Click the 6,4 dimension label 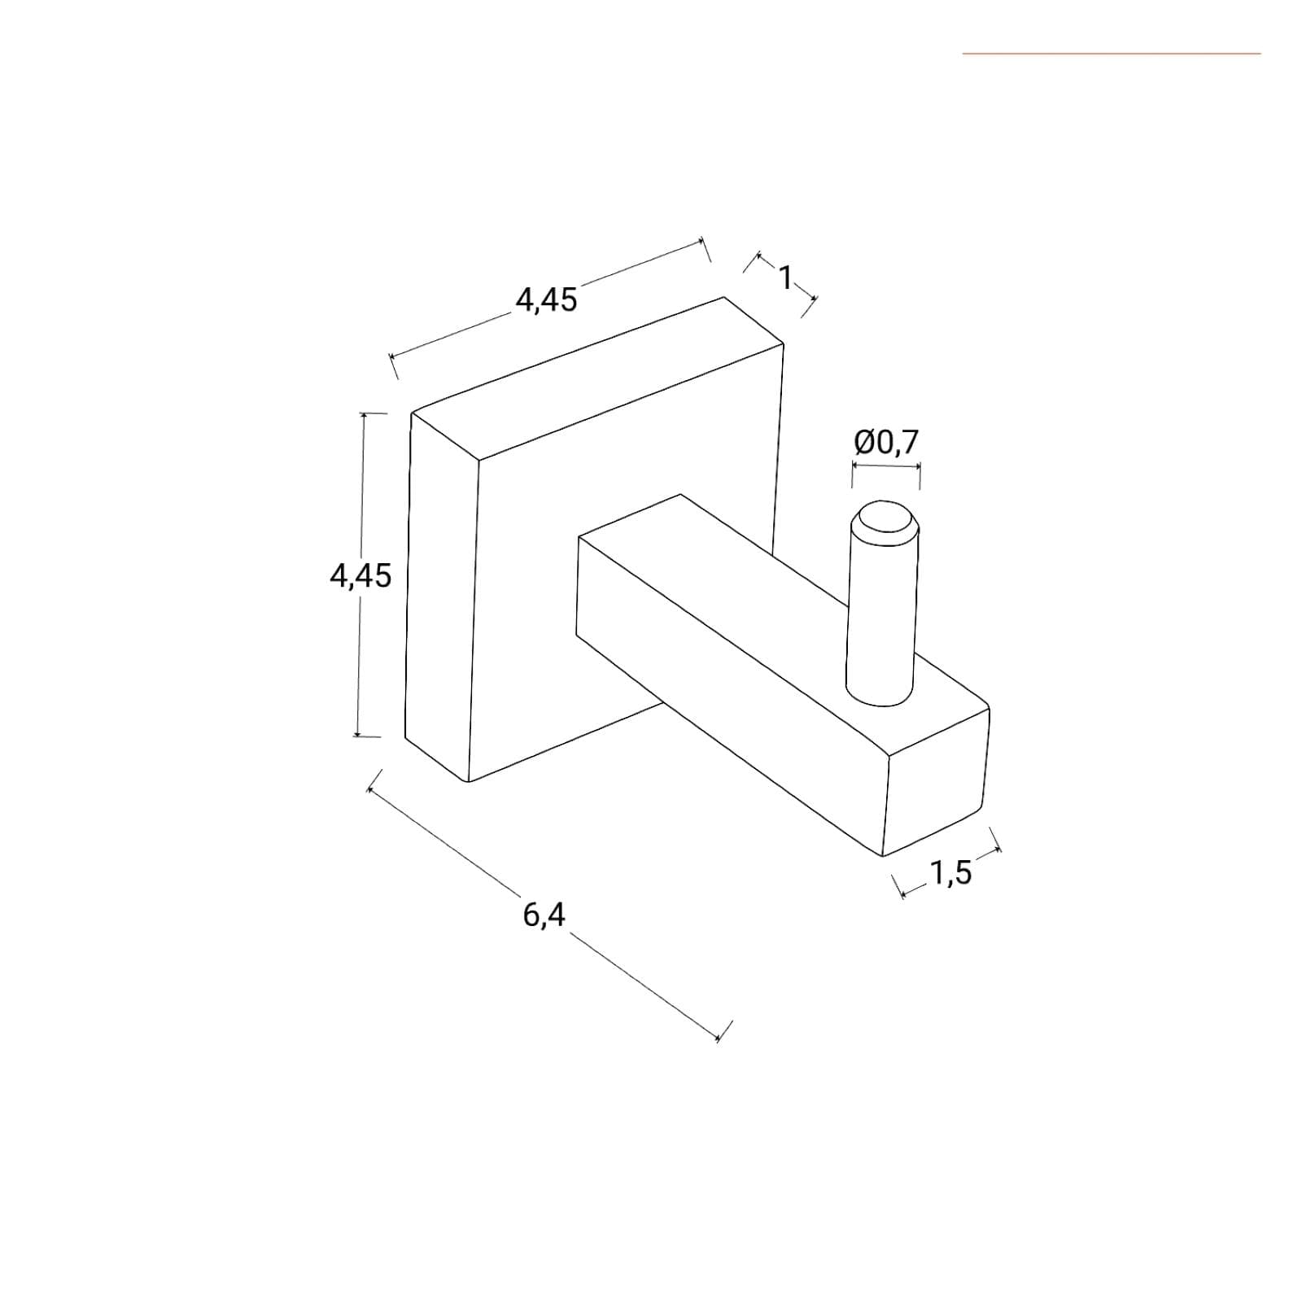[x=544, y=915]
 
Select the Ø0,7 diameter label [x=886, y=443]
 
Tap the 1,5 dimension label [x=950, y=873]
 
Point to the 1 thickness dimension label [x=785, y=278]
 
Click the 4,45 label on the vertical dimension [x=360, y=576]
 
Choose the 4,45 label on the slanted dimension [x=546, y=300]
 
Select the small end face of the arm [x=936, y=784]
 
